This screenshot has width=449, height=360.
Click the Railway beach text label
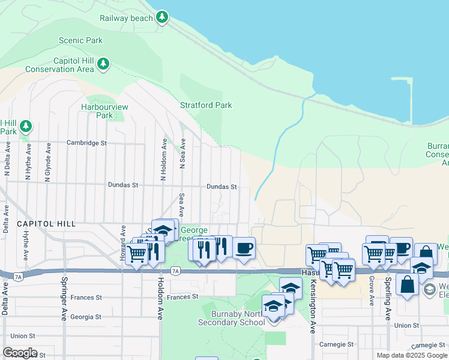coord(126,18)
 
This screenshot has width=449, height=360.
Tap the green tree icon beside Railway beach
coord(161,17)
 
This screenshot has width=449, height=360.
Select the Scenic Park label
coord(80,41)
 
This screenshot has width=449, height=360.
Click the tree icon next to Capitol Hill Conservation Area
coord(103,64)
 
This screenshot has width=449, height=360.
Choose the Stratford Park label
coord(206,105)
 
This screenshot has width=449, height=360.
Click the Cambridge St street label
coord(86,143)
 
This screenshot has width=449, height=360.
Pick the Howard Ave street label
coord(122,241)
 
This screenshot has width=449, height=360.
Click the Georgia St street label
coord(85,317)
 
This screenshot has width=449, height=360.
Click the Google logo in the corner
coord(20,353)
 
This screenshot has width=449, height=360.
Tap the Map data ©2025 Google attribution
coord(412,355)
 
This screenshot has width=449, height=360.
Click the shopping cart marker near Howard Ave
coord(137,254)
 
